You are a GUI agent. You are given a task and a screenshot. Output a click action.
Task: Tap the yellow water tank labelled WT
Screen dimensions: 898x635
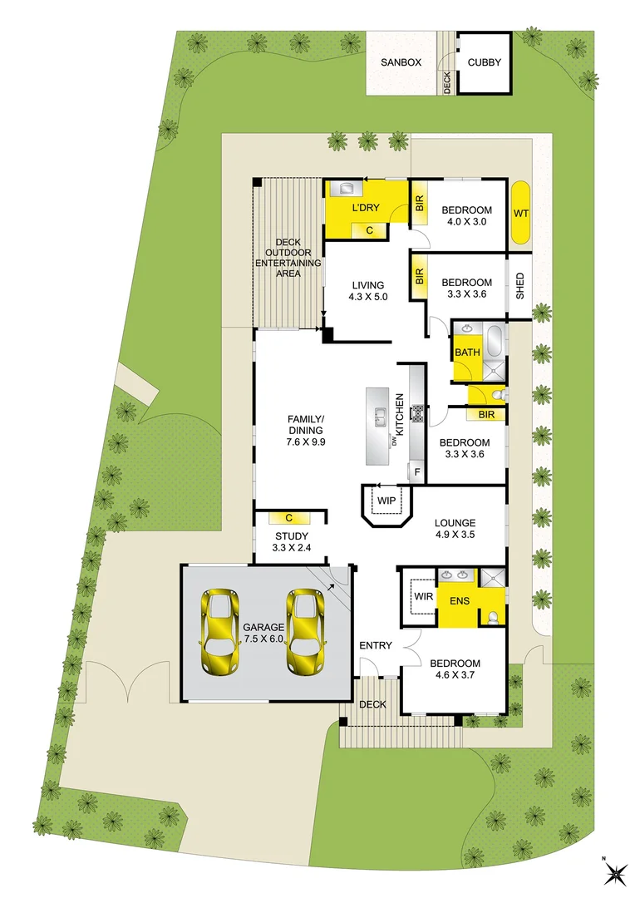coord(521,213)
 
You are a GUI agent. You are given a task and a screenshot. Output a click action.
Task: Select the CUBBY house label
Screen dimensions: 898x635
coord(485,62)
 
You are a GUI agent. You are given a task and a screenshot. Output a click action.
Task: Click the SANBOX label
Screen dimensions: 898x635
coord(402,62)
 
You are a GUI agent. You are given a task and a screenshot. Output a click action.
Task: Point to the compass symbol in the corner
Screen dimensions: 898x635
coord(614,872)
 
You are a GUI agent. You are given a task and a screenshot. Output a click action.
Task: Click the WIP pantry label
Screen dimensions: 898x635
coord(386,501)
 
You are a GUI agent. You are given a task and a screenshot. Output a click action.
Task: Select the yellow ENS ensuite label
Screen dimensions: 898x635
coord(460,600)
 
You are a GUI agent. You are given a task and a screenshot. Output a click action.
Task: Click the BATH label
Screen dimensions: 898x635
coord(467,353)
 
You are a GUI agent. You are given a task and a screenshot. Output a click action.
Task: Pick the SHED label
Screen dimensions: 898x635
coord(520,286)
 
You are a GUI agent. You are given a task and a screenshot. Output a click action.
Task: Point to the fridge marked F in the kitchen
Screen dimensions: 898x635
coord(417,472)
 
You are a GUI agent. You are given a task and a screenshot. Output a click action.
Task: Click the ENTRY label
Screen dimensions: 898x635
coord(375,646)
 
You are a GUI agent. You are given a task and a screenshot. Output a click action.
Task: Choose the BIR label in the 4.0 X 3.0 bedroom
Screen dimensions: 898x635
coord(419,203)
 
